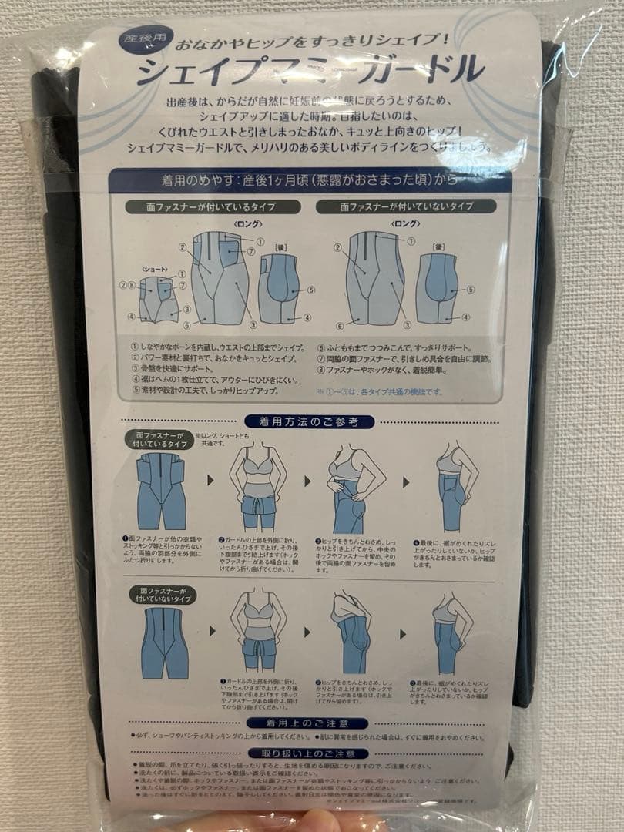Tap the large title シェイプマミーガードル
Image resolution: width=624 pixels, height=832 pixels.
pos(310,71)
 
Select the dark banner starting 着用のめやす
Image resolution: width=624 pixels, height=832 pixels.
pos(310,180)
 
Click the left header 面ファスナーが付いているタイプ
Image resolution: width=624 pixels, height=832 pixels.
pos(212,207)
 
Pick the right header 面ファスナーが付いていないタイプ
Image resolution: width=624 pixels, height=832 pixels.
pos(407,207)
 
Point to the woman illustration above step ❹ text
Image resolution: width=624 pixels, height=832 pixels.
pos(455,485)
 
